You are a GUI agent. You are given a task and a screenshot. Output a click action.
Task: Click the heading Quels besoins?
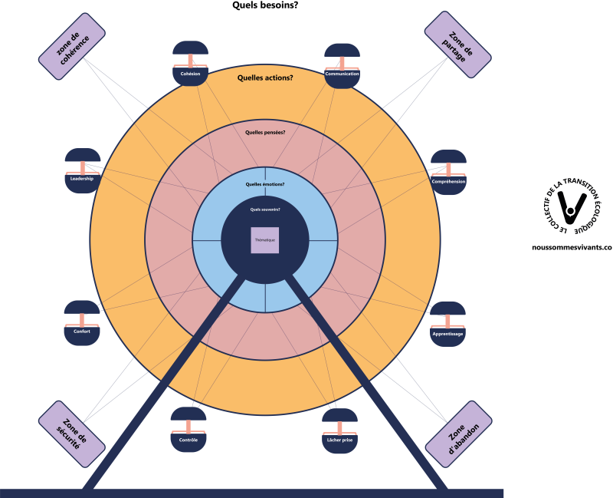coord(265,5)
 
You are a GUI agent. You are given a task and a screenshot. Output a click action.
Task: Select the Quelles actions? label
coord(265,77)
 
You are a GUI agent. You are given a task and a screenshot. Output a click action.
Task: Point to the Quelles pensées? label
coord(265,132)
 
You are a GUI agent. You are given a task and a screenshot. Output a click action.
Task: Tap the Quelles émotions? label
coord(265,183)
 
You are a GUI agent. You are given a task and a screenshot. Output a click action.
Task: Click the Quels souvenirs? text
coord(265,209)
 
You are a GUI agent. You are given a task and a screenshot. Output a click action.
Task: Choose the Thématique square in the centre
coord(265,241)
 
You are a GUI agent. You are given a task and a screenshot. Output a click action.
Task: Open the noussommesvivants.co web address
coord(571,249)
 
